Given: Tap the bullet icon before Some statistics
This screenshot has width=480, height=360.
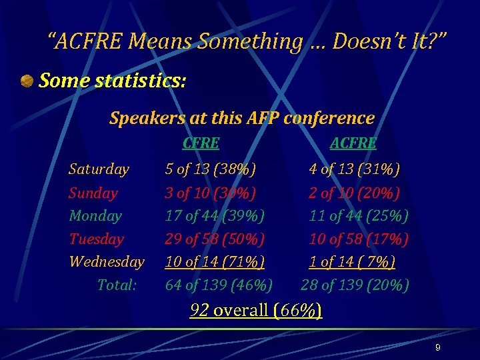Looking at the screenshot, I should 27,81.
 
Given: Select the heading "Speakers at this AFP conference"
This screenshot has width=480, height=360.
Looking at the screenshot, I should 241,119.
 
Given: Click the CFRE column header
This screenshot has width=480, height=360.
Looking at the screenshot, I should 201,143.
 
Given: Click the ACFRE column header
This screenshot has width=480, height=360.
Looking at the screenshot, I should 353,143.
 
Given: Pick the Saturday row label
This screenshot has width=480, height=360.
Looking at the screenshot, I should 99,169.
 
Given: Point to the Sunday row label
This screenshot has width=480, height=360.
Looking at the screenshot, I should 93,193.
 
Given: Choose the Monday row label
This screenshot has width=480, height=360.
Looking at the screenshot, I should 95,216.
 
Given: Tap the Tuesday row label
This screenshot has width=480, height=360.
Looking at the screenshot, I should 97,239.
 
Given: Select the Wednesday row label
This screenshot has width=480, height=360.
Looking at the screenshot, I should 107,261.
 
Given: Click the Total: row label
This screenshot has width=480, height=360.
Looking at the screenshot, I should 117,285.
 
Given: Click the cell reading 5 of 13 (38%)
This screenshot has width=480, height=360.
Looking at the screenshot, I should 211,169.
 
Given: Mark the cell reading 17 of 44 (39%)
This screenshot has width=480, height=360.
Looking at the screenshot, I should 215,216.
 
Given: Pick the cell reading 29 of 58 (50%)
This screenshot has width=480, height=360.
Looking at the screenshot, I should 215,239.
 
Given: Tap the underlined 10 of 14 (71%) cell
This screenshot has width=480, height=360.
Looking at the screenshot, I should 215,261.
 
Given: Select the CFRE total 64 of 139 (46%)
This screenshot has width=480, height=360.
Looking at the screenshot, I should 219,285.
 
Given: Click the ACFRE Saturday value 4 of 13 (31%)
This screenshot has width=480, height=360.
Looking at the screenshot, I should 354,169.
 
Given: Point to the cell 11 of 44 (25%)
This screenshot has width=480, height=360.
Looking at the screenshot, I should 359,216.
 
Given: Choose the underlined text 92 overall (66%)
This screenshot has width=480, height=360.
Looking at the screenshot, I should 256,311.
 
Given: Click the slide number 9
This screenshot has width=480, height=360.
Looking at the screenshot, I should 437,348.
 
